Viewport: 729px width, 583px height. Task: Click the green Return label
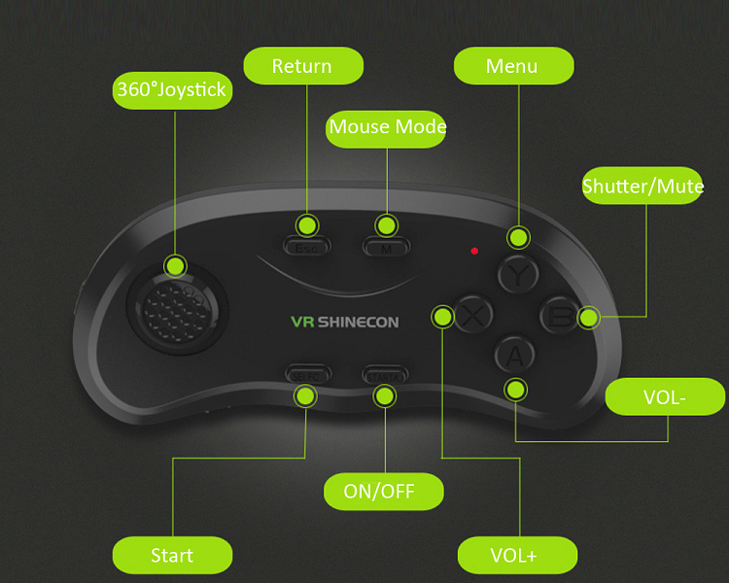click(x=302, y=66)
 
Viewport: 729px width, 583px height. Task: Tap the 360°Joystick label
click(x=171, y=90)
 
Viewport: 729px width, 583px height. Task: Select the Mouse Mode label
click(x=387, y=127)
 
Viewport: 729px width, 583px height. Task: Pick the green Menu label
click(x=512, y=66)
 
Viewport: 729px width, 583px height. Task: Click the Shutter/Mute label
click(x=642, y=185)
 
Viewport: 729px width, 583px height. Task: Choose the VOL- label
click(x=666, y=397)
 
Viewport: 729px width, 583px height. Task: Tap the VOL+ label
click(x=517, y=556)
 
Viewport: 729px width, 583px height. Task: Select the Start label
click(x=172, y=556)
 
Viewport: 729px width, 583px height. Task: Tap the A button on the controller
click(x=514, y=356)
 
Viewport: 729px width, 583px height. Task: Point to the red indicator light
click(x=474, y=251)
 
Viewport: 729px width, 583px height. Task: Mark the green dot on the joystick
click(x=175, y=265)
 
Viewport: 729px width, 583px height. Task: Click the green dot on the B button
click(x=588, y=316)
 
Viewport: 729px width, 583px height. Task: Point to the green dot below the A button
click(x=515, y=391)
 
